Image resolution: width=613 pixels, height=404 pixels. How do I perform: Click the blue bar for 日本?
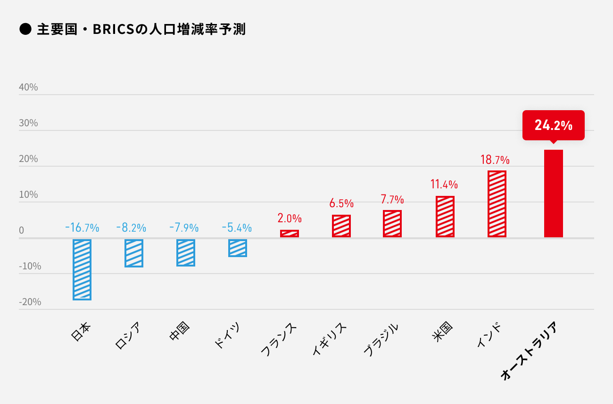pos(82,269)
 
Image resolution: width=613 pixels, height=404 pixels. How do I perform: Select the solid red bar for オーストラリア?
pos(553,194)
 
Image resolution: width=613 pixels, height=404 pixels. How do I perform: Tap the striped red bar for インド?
pos(497,204)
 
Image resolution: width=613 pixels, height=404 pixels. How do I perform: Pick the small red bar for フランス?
pos(290,234)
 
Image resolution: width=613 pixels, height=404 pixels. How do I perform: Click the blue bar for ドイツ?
pos(238,248)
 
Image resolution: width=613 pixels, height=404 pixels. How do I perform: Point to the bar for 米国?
pos(445,217)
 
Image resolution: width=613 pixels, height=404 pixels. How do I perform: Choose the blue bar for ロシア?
pos(134,253)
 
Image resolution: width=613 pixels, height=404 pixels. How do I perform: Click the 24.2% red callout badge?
pos(553,125)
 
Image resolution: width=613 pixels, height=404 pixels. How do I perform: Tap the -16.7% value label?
pos(82,228)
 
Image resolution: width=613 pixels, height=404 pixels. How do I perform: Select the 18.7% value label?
pos(495,160)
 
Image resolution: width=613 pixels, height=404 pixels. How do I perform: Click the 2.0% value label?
pos(290,218)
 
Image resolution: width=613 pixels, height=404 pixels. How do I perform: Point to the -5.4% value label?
pos(237,228)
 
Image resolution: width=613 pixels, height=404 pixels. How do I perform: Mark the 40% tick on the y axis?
pos(28,88)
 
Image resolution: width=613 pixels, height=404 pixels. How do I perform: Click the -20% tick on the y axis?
pos(30,302)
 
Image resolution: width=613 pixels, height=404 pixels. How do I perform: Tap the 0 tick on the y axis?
pos(21,230)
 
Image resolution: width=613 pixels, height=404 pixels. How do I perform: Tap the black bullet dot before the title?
pos(25,30)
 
